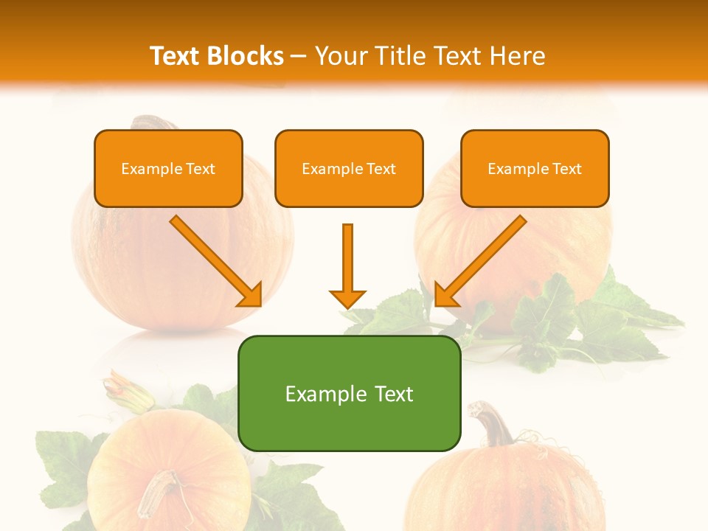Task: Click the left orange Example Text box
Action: [x=168, y=168]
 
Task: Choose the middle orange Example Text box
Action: [x=349, y=168]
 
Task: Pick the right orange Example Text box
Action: [x=535, y=168]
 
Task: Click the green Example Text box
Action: [x=349, y=393]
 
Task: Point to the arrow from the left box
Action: [x=214, y=259]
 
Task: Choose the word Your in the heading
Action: [x=339, y=56]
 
